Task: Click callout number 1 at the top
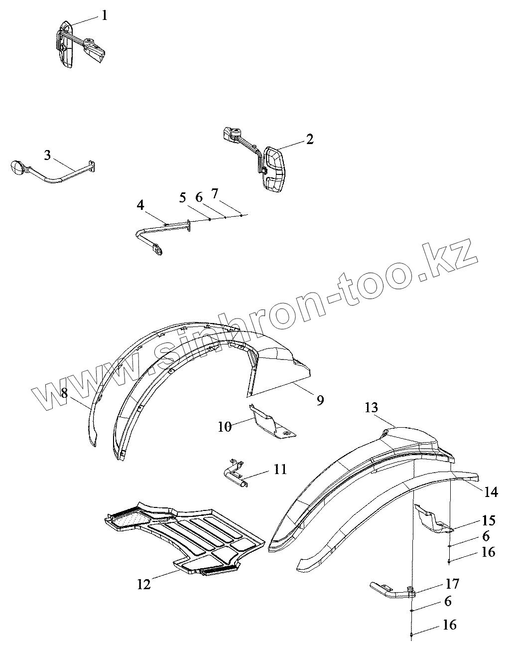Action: (104, 15)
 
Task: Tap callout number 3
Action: (47, 155)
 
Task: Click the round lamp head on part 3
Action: (17, 167)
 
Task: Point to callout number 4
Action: (141, 205)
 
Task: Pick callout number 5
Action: (183, 197)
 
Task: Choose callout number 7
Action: (215, 193)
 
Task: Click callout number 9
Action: (320, 399)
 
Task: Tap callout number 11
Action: (280, 469)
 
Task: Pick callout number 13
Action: (371, 408)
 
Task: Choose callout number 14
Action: (491, 492)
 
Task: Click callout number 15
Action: (489, 520)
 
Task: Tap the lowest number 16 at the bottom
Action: (449, 625)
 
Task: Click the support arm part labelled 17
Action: (391, 590)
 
